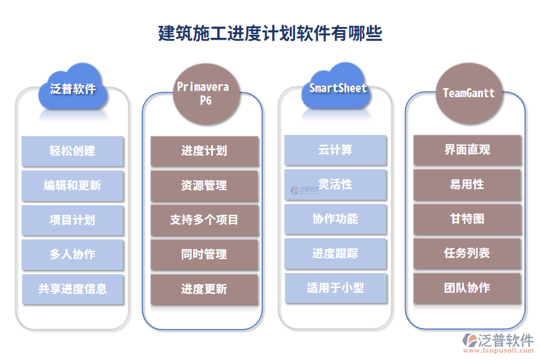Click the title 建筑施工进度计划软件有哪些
point(270,33)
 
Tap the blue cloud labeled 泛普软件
point(73,89)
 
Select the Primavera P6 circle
point(202,94)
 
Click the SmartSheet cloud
point(337,88)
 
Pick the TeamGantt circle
point(469,93)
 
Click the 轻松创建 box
point(73,151)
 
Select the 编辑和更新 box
point(73,185)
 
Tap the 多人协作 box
point(73,254)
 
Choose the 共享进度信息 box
point(73,289)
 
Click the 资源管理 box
point(204,186)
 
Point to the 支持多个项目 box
point(204,220)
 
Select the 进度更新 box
point(204,289)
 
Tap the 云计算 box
point(335,150)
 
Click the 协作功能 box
point(335,219)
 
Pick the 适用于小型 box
point(335,288)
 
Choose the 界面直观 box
point(467,150)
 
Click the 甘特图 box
point(467,219)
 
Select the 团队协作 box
point(467,288)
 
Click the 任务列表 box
point(467,253)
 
